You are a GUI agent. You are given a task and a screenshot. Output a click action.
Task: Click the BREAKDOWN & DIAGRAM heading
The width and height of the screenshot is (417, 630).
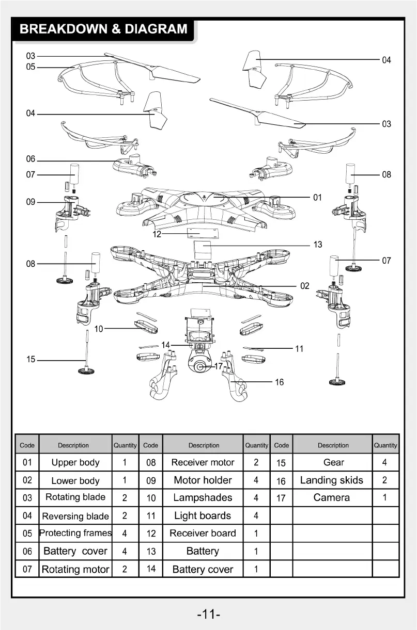(103, 29)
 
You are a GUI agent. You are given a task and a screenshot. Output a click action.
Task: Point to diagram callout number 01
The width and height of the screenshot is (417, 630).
(317, 197)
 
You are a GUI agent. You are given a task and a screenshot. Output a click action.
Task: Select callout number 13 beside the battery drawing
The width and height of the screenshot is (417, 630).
(318, 245)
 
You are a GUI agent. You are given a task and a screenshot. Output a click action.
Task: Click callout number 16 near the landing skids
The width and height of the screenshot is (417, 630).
(279, 382)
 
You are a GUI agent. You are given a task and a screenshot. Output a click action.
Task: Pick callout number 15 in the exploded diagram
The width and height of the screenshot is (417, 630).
(31, 360)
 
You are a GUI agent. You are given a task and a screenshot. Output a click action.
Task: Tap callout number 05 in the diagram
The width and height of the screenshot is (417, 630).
(31, 67)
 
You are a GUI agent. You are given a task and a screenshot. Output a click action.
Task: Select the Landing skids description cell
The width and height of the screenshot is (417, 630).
(332, 480)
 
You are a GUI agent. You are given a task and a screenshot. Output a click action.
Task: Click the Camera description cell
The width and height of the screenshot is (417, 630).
(332, 498)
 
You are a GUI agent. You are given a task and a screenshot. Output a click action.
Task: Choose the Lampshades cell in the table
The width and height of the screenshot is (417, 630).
(203, 498)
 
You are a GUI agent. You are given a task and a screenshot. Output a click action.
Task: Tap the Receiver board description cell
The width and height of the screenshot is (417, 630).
(203, 534)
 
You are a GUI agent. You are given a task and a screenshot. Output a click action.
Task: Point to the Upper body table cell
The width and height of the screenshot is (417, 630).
(75, 462)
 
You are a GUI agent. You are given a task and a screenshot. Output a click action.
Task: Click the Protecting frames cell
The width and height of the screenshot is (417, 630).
(75, 534)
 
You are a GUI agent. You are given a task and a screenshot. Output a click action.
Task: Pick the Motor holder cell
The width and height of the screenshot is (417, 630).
(203, 480)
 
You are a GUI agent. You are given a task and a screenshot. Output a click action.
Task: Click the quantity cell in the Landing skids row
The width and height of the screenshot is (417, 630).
(384, 480)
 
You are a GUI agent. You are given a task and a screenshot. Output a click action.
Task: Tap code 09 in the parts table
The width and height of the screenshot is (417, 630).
(151, 480)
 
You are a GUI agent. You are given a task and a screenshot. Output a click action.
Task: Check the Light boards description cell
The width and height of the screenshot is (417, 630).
(203, 515)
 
